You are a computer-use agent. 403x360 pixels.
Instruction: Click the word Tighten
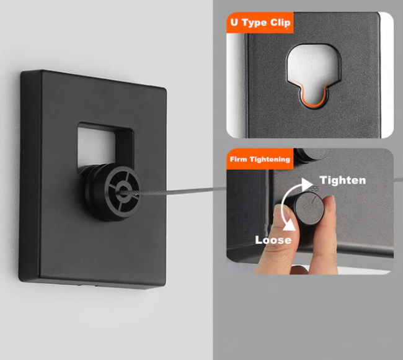[343, 180]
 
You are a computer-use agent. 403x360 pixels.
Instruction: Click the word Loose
[273, 240]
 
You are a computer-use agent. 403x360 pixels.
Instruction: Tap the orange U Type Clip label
[260, 22]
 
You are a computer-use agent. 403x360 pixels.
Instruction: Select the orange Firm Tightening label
[260, 159]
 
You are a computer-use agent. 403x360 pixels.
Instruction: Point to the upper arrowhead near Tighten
[307, 184]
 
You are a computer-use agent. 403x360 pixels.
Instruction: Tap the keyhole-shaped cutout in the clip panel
[314, 75]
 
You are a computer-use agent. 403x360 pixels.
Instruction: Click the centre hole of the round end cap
[123, 192]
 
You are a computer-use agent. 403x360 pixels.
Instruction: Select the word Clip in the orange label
[280, 23]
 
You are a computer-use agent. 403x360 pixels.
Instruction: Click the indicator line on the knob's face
[314, 200]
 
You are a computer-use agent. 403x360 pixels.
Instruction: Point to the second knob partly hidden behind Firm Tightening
[311, 155]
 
